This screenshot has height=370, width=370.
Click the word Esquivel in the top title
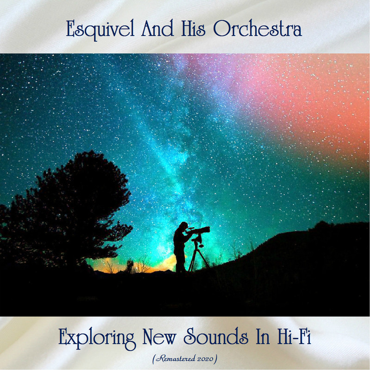[100, 30]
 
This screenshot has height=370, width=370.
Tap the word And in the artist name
[157, 28]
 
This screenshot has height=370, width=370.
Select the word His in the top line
[193, 28]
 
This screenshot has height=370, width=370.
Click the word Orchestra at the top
[258, 29]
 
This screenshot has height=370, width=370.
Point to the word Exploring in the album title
[97, 338]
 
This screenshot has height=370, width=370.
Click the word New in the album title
[159, 336]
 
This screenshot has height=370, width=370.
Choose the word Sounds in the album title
[216, 336]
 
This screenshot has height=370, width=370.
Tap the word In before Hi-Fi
[263, 336]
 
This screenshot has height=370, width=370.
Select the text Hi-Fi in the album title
[294, 336]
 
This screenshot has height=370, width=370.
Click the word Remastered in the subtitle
[175, 359]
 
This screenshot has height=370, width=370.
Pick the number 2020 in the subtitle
[205, 359]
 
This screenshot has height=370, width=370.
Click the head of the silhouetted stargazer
[183, 226]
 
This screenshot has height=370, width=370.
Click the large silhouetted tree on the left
[66, 212]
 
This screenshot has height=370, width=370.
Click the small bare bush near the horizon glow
[143, 265]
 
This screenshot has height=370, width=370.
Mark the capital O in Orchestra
[222, 28]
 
